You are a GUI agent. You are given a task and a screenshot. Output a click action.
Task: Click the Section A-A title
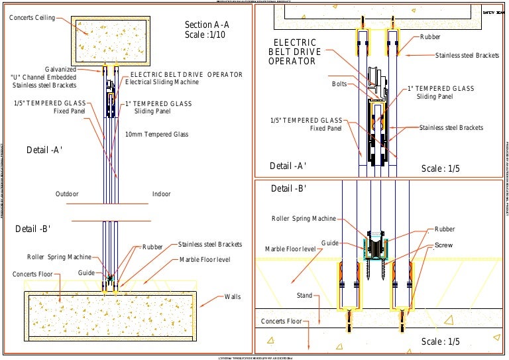(206, 25)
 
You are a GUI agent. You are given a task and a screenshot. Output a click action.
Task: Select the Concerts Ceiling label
(32, 17)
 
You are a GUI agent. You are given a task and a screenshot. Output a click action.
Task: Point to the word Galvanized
(60, 69)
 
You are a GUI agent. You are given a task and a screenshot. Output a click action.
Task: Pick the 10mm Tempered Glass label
(157, 135)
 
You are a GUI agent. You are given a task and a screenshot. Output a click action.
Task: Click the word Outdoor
(67, 194)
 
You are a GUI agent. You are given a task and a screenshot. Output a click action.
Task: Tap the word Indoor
(161, 194)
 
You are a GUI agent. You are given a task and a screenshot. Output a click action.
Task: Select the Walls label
(233, 296)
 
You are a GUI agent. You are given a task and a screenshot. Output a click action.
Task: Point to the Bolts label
(339, 84)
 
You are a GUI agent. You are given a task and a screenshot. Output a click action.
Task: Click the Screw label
(443, 245)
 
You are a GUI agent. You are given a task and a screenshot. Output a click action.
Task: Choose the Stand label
(304, 296)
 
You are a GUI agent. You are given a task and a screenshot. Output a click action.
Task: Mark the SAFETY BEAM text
(494, 13)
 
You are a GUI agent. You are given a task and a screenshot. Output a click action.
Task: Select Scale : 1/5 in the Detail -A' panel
(441, 169)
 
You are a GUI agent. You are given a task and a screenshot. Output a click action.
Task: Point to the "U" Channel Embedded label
(43, 77)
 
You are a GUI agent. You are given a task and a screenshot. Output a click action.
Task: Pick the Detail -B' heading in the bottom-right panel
(288, 189)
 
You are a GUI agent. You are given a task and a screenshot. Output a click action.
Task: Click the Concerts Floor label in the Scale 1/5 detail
(282, 322)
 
